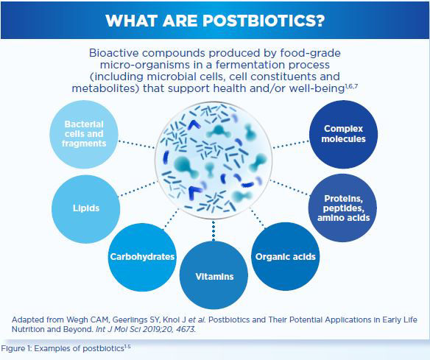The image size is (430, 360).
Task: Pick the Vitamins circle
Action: [x=214, y=276]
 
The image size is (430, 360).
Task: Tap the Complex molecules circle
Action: [x=344, y=134]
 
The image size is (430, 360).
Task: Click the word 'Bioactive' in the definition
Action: [x=114, y=54]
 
